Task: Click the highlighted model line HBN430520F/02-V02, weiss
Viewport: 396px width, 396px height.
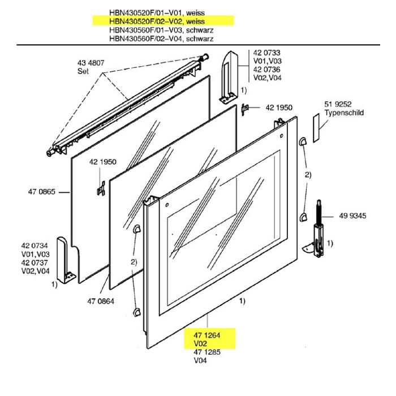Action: point(163,21)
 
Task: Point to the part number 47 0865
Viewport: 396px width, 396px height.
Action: point(41,192)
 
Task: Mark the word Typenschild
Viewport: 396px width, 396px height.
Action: point(344,113)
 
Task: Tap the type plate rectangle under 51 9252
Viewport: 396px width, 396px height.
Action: point(316,128)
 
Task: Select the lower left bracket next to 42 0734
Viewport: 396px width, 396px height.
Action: point(68,260)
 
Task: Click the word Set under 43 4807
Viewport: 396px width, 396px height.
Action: point(83,71)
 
